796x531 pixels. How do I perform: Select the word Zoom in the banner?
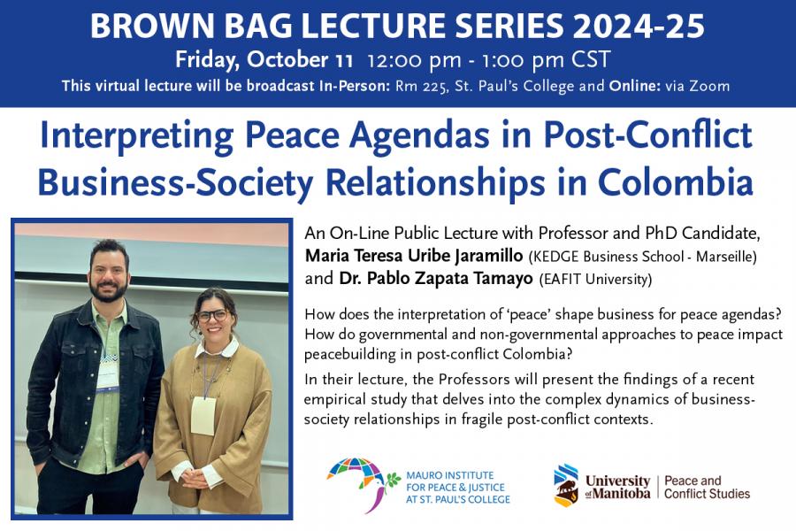pos(709,86)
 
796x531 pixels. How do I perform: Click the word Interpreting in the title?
pos(136,136)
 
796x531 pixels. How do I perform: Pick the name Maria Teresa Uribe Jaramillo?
pos(414,256)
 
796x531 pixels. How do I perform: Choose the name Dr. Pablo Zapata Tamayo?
pos(436,278)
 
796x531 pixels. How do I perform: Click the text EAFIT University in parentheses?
pos(595,279)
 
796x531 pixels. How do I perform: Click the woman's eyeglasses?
pos(212,316)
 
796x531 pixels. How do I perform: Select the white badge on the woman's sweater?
pos(203,416)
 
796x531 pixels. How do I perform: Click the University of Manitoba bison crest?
pos(565,486)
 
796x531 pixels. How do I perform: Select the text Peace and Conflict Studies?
pos(707,488)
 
